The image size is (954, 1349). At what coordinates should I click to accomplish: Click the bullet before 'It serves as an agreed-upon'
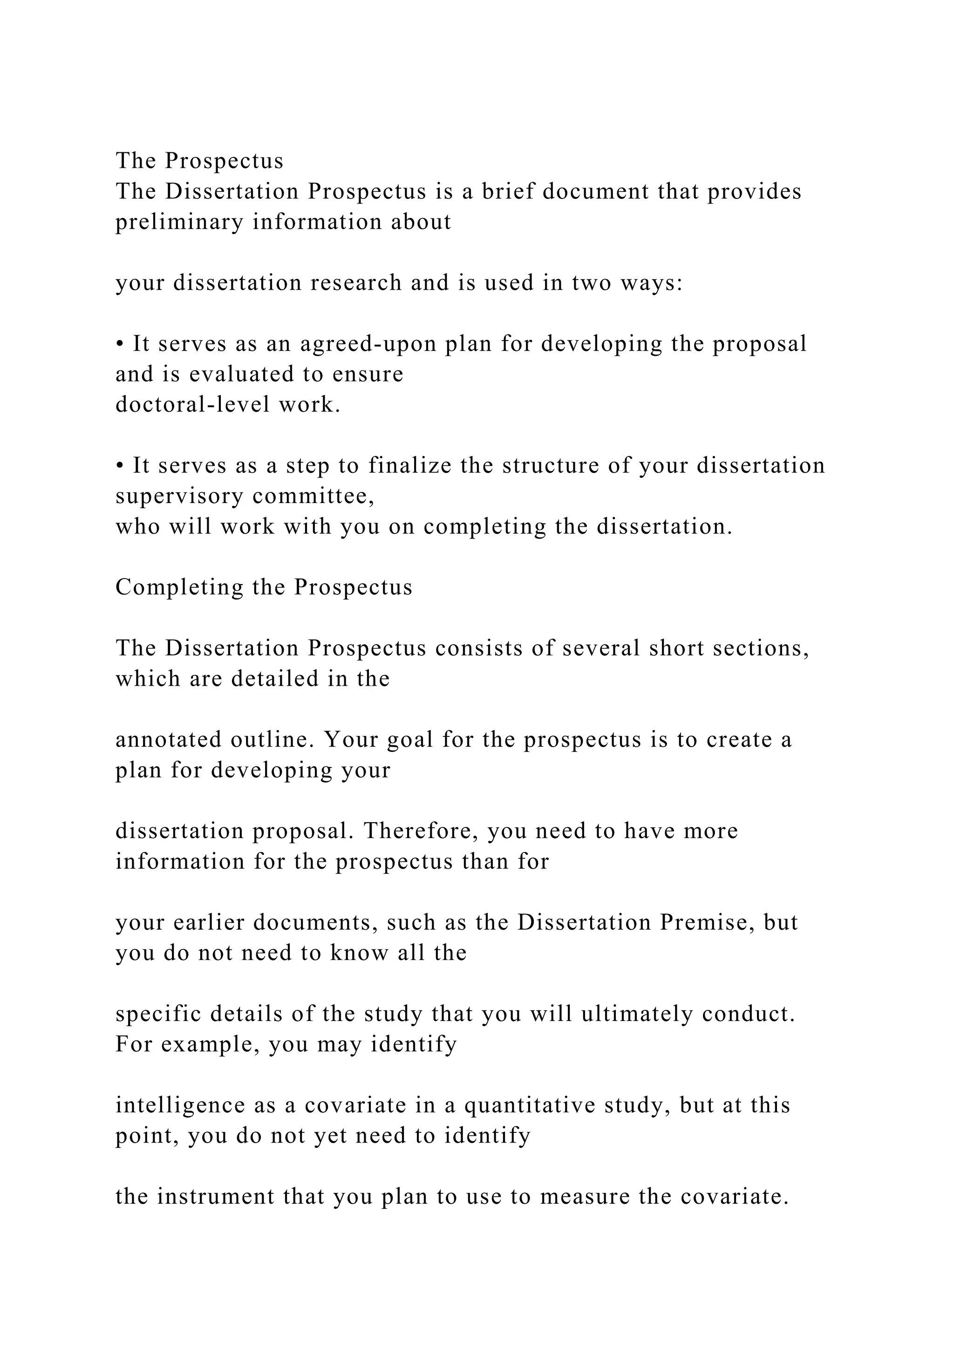pos(119,344)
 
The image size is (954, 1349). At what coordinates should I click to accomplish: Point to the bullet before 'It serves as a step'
pos(119,466)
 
